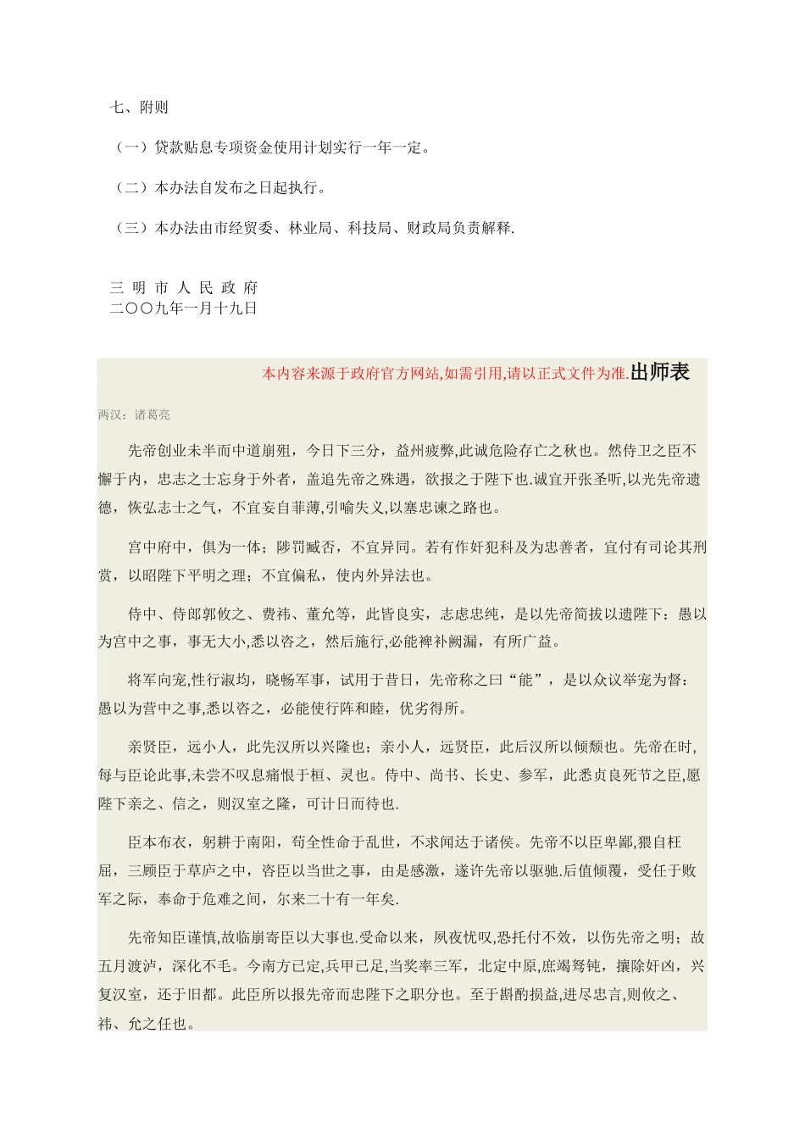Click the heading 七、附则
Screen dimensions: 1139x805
pos(140,108)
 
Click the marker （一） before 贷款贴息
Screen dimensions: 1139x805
pos(132,148)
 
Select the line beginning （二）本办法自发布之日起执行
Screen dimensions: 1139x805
pos(219,188)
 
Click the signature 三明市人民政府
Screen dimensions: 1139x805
pos(184,288)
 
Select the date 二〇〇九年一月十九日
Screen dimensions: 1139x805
pos(184,308)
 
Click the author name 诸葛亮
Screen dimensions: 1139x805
pos(153,415)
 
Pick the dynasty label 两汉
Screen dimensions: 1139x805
pos(109,415)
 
